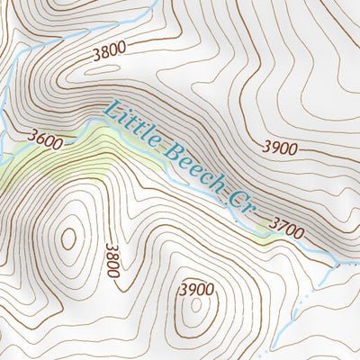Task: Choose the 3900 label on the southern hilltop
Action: pyautogui.click(x=196, y=289)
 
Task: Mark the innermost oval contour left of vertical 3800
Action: pyautogui.click(x=68, y=238)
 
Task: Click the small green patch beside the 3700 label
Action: pyautogui.click(x=261, y=235)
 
